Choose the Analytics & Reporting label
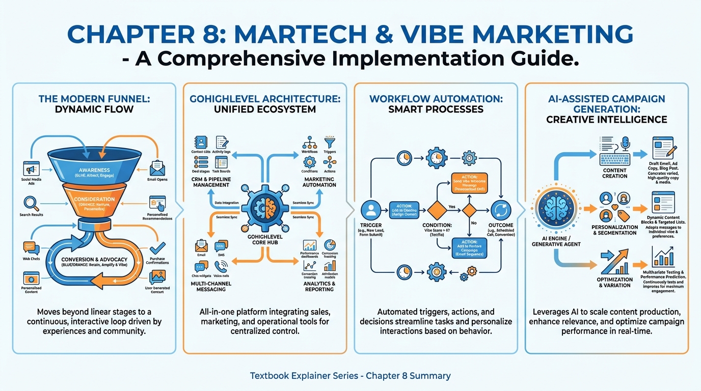coord(319,286)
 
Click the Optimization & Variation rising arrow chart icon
coord(614,262)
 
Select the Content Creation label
coord(615,173)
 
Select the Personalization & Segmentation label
coord(614,230)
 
